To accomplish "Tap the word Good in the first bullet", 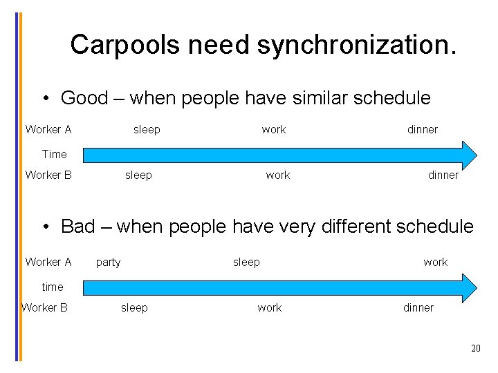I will (84, 98).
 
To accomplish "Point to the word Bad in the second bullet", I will (77, 227).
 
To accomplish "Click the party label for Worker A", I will (108, 262).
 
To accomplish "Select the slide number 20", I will (475, 348).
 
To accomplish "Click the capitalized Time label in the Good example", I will (54, 154).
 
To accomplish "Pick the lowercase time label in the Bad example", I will (52, 287).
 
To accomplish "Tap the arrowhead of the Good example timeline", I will (469, 154).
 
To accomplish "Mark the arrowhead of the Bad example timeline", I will (469, 287).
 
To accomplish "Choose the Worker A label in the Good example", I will (48, 130).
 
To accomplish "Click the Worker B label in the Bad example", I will (45, 308).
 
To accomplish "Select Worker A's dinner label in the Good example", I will (422, 130).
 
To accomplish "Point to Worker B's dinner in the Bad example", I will (418, 308).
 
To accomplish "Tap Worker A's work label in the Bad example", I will (435, 262).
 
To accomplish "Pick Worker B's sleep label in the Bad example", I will (134, 308).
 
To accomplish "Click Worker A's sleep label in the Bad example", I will (246, 262).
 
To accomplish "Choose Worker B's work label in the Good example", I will (277, 175).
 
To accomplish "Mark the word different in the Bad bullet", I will (355, 227).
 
